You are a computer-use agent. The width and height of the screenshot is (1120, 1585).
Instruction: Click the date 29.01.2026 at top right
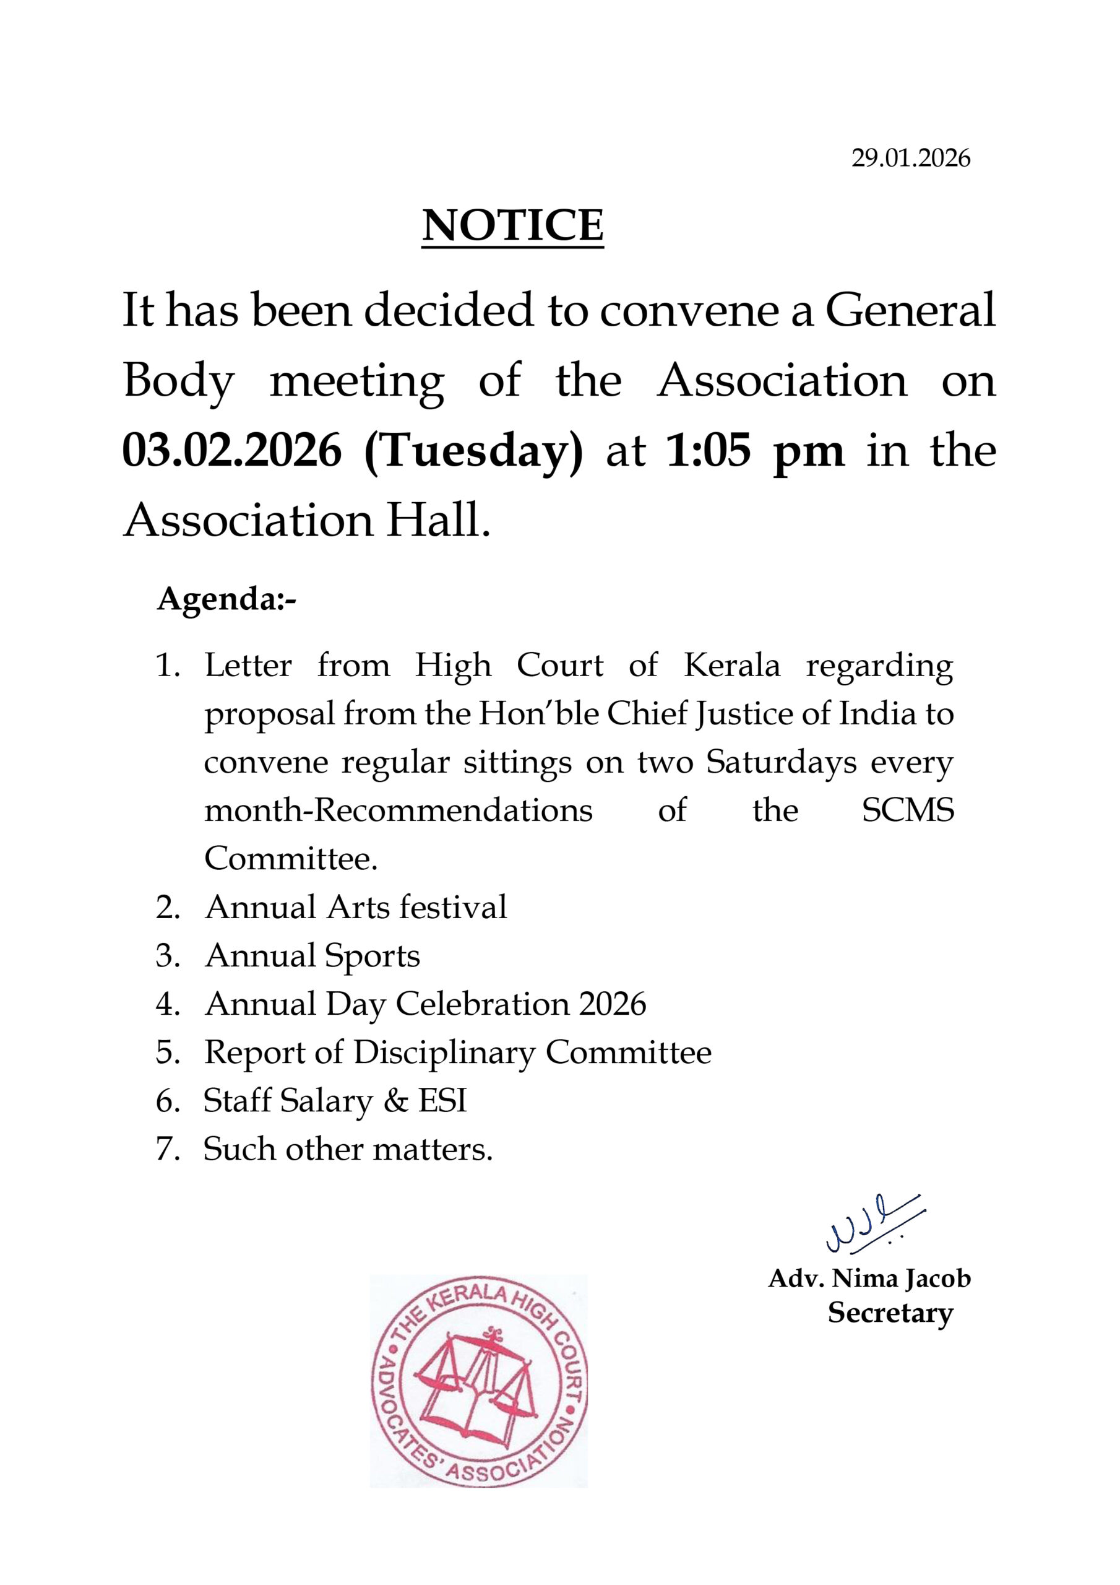point(910,158)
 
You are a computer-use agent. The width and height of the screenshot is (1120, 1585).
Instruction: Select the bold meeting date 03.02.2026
point(232,451)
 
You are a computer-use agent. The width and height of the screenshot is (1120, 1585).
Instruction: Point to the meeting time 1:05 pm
point(755,451)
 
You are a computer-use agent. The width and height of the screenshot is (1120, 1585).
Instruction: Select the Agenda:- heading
point(227,599)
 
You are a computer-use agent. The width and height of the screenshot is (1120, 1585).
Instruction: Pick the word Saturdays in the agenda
point(781,763)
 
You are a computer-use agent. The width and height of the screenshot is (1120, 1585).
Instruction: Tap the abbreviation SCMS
point(908,810)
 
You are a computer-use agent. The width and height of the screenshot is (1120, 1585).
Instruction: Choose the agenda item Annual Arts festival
point(355,907)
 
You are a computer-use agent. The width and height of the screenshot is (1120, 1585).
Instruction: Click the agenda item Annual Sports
point(312,956)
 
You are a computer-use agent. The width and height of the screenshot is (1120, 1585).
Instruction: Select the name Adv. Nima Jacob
point(869,1279)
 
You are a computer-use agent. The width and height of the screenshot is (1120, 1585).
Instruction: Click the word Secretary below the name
point(890,1313)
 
